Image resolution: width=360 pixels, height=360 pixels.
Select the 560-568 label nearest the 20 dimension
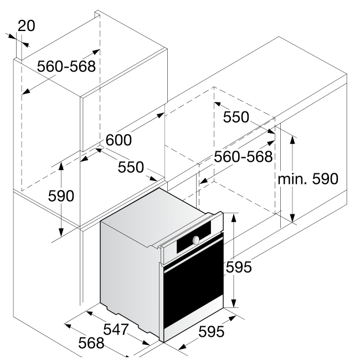66,66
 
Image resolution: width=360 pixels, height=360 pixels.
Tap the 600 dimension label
119,140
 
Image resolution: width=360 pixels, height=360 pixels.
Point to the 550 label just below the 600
131,167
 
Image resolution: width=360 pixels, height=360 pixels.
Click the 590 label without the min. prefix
61,196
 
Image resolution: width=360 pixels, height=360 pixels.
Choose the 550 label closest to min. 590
236,117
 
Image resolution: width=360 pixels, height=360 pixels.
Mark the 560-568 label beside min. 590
244,157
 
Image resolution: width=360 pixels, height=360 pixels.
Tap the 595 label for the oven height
239,267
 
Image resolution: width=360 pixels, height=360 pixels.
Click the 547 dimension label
116,329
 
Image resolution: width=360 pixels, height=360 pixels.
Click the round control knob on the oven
196,240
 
